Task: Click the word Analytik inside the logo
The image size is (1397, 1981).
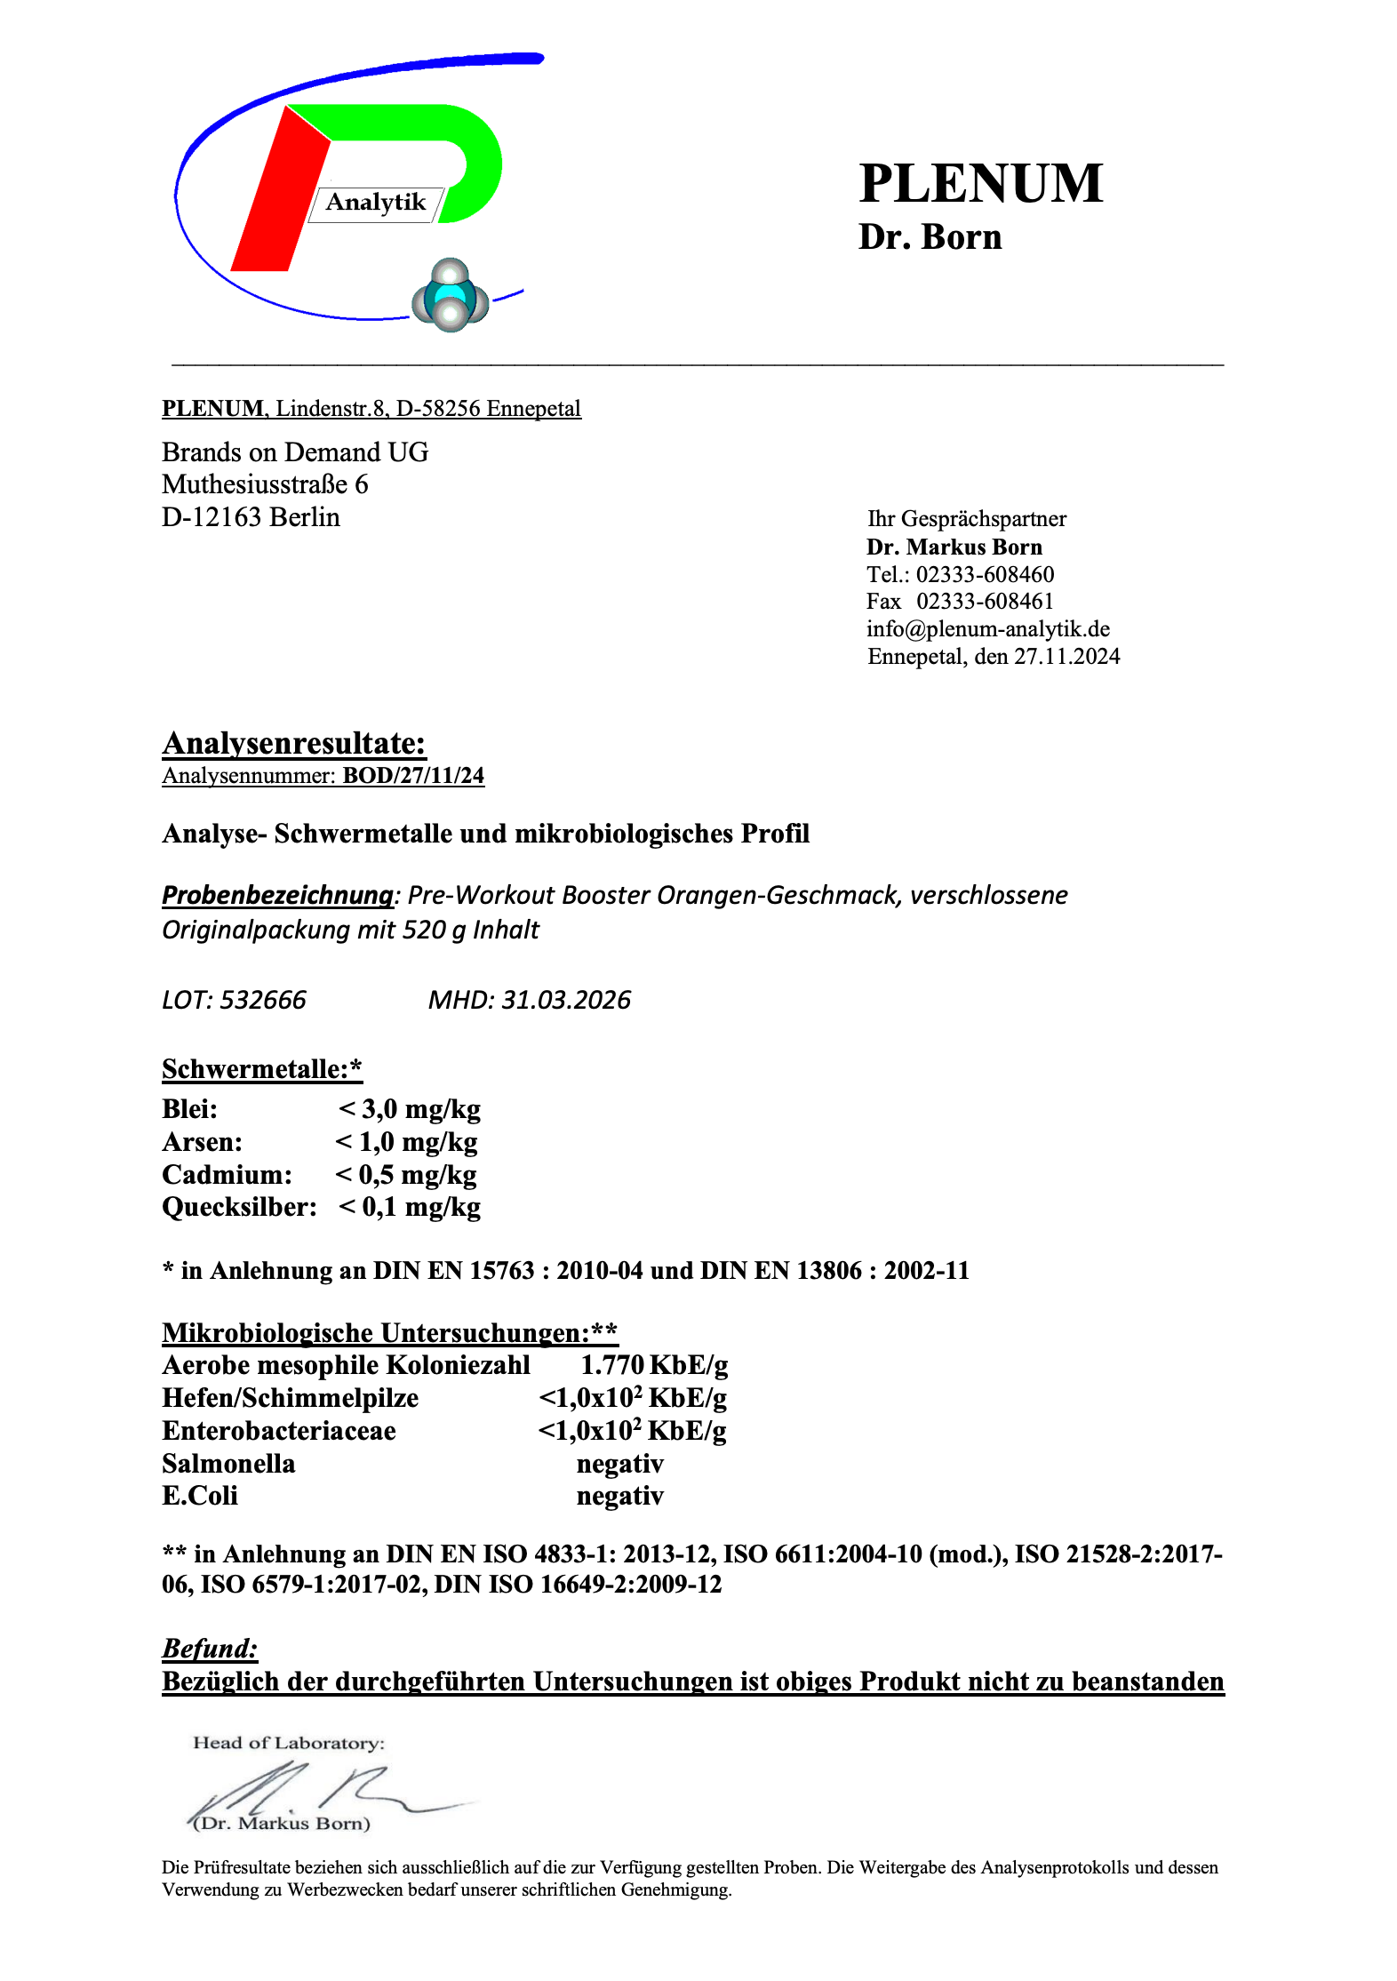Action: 376,203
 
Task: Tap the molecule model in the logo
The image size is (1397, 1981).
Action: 450,296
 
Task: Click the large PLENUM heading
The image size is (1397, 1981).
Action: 981,184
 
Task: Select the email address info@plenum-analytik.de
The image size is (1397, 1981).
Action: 988,629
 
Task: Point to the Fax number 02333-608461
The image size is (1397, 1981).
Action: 985,602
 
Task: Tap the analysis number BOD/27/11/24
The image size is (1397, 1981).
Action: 413,776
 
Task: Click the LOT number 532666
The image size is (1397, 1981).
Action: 263,1001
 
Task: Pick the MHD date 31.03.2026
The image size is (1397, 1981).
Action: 566,1001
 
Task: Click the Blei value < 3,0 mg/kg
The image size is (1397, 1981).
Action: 410,1109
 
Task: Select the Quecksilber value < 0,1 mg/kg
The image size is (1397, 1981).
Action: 410,1207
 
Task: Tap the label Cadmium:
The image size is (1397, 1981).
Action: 227,1175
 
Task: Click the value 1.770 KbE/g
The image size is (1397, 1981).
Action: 654,1365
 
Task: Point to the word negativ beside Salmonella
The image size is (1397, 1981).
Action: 620,1464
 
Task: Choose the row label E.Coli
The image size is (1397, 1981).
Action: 200,1496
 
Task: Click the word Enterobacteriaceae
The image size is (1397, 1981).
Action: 279,1431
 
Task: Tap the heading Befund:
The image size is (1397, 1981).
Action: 210,1649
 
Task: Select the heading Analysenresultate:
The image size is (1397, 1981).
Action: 294,743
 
